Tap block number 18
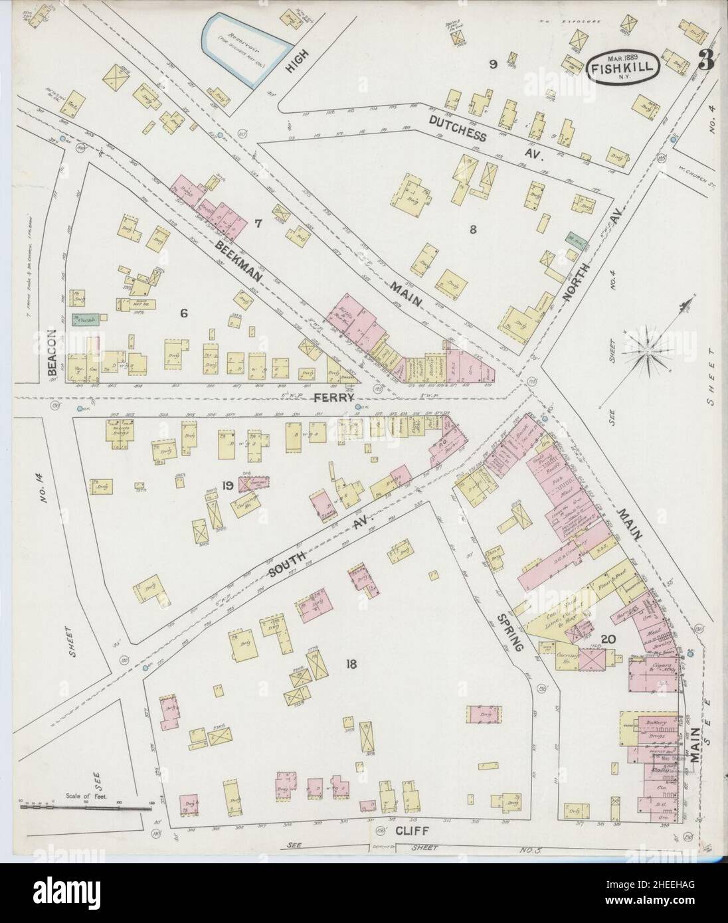[351, 663]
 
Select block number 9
[493, 64]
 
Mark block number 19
[228, 485]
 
